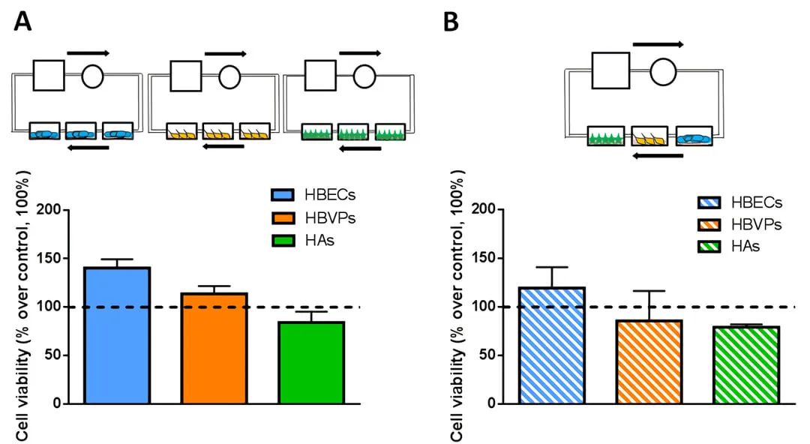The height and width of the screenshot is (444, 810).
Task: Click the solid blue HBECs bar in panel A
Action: tap(117, 335)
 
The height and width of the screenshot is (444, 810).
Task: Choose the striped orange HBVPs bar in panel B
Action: tap(649, 361)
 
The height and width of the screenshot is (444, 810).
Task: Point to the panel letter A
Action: tap(23, 22)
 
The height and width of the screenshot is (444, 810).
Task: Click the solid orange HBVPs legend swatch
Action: tap(286, 218)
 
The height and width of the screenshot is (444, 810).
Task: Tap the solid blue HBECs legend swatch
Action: tap(286, 195)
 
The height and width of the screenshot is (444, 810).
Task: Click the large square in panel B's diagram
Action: tap(610, 71)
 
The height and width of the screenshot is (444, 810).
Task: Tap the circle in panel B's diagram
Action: tap(663, 71)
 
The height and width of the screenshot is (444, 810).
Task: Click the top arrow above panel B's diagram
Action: tap(658, 45)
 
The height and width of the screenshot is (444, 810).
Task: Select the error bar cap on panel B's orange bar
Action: tap(649, 291)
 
